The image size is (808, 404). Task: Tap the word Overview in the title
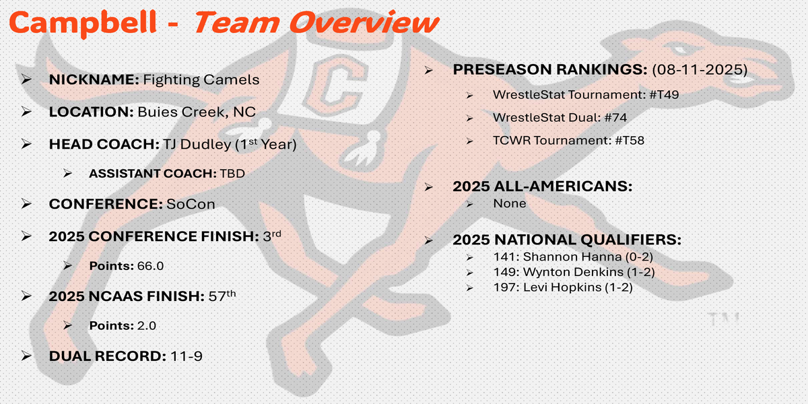click(364, 22)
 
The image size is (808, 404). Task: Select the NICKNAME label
click(94, 79)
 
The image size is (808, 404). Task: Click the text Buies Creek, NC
click(197, 112)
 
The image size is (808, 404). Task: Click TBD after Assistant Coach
click(232, 174)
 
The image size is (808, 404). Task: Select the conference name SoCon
click(191, 204)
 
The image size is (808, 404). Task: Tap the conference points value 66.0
click(150, 266)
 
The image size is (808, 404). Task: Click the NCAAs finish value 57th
click(222, 296)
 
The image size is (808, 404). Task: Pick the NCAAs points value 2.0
click(147, 326)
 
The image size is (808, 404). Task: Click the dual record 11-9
click(186, 356)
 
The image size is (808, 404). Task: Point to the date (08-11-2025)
click(700, 69)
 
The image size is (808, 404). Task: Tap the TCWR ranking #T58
click(630, 140)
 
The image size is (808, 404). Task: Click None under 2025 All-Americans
click(509, 203)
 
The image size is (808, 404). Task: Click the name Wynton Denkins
click(573, 272)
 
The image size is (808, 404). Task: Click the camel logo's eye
click(678, 48)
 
